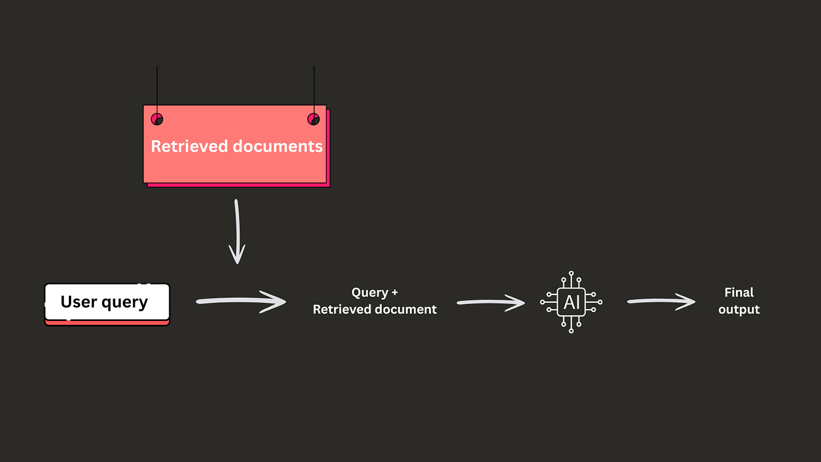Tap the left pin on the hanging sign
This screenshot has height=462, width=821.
[157, 119]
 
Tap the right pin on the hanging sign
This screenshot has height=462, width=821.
[314, 119]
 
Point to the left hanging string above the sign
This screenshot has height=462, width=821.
[157, 85]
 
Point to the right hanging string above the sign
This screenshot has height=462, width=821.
[314, 85]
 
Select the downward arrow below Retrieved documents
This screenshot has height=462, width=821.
[237, 231]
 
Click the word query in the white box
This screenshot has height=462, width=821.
[126, 302]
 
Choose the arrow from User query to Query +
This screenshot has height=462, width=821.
[241, 302]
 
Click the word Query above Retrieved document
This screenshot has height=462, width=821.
[369, 293]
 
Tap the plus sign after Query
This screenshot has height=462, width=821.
[394, 293]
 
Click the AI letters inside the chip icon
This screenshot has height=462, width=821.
[571, 302]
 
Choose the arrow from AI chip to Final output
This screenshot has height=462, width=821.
[661, 302]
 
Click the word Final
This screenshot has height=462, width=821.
[739, 293]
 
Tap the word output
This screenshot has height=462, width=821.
[739, 310]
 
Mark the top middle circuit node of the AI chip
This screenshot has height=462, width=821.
[571, 273]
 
